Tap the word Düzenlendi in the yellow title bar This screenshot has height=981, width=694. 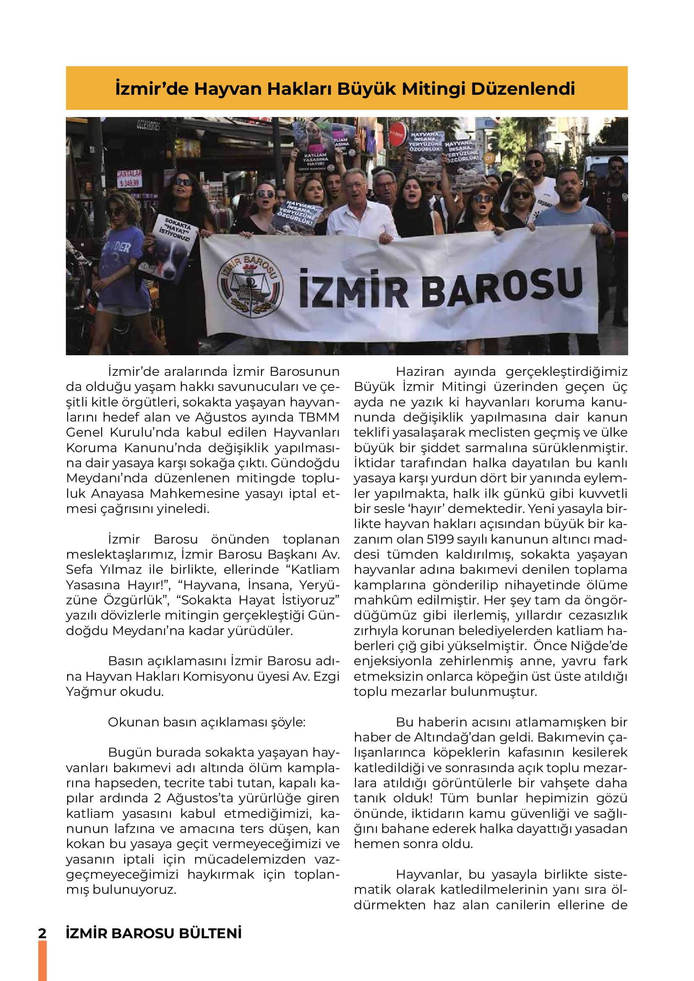(523, 89)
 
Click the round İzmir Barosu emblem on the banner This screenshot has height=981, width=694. (250, 284)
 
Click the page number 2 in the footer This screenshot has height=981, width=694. (42, 933)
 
